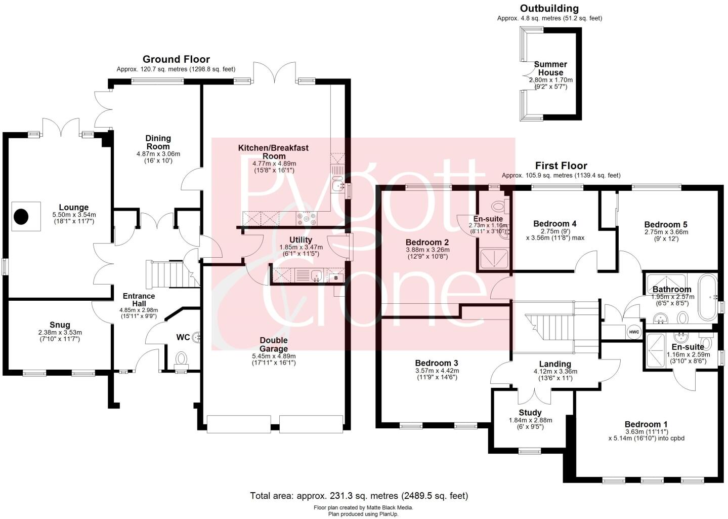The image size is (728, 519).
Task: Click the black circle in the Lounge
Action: (21, 217)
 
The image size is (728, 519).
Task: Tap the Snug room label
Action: (60, 325)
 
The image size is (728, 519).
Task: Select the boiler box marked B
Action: (335, 277)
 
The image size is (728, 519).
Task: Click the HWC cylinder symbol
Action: (633, 332)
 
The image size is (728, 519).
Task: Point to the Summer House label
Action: (550, 68)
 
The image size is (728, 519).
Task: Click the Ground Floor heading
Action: (176, 59)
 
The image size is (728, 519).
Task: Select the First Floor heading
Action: (561, 166)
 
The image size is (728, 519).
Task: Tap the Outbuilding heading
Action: (549, 9)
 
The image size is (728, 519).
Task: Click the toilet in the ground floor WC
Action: (181, 358)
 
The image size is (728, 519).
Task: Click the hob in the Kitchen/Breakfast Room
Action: (307, 218)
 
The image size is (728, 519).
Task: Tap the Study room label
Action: (530, 413)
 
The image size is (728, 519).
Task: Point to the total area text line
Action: (359, 496)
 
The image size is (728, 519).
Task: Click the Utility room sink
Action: (316, 276)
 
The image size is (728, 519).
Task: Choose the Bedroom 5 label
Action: (666, 224)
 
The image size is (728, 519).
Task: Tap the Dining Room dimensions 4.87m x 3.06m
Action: (158, 154)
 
